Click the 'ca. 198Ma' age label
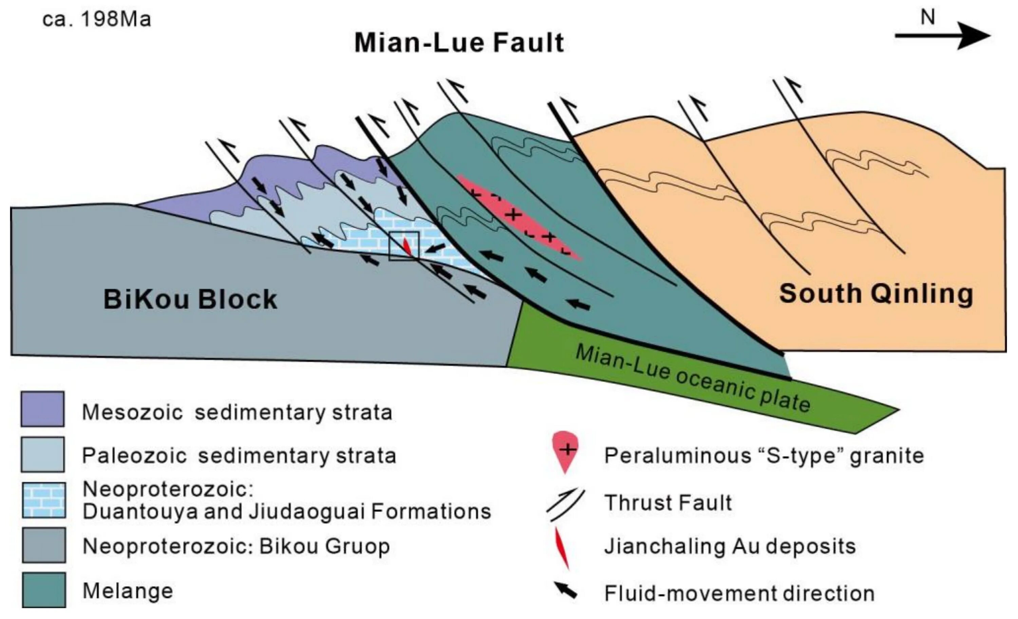tap(97, 19)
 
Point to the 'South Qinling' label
tap(876, 294)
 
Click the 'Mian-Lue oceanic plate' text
tap(692, 378)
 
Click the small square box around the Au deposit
tap(404, 246)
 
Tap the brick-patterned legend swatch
tap(44, 500)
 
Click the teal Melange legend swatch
tap(44, 590)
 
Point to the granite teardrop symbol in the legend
tap(565, 451)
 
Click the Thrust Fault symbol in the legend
tap(565, 505)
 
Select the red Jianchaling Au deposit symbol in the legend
tap(562, 547)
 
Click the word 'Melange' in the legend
tap(128, 591)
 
